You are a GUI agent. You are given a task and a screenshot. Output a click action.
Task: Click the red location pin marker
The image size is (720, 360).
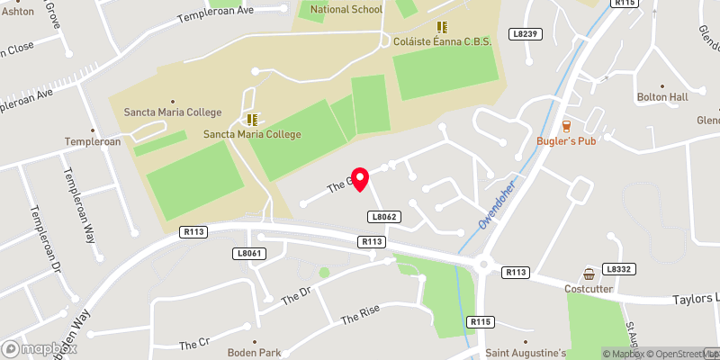(360, 178)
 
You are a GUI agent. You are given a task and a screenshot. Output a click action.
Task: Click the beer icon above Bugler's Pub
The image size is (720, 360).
(566, 126)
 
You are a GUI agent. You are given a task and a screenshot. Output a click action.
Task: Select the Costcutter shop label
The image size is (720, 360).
(589, 290)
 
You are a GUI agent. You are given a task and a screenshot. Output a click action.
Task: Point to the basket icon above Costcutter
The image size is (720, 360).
(589, 274)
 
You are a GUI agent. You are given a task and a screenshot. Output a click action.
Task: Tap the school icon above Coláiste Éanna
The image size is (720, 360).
(441, 27)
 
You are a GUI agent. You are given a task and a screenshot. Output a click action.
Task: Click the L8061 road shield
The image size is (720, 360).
(249, 254)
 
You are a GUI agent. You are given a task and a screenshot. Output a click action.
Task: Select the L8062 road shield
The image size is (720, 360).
(382, 217)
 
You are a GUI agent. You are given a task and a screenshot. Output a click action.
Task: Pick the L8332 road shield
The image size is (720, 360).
(619, 269)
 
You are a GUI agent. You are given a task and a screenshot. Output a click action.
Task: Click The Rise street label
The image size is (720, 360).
(361, 313)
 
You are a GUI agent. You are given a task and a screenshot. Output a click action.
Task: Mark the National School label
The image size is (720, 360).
(346, 9)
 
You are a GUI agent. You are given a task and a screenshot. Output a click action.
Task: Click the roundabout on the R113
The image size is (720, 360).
(487, 265)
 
